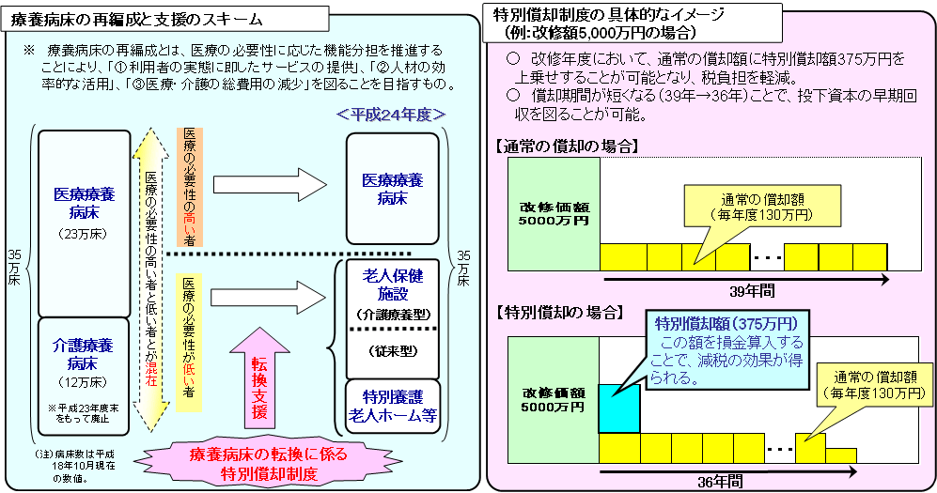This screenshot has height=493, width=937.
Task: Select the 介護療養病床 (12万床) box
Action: (84, 371)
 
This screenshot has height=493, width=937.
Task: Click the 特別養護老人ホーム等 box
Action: (393, 407)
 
